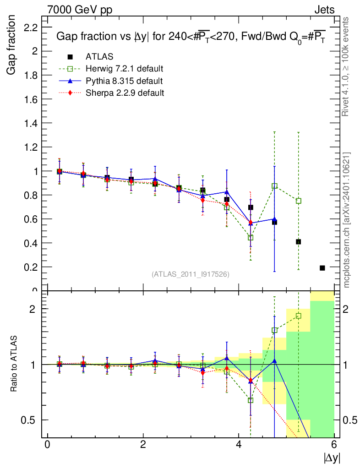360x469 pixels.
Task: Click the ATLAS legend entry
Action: coord(99,56)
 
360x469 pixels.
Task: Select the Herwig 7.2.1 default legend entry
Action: coord(124,69)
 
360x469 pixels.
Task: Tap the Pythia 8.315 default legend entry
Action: coord(124,81)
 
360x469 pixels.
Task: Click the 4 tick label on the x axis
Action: coord(239,445)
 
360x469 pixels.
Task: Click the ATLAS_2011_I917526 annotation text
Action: coord(191,274)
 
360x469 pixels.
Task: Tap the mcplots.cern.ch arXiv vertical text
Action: coord(347,220)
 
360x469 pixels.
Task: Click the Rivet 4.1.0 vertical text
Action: coord(346,67)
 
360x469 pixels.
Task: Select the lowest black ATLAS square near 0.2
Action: coord(322,268)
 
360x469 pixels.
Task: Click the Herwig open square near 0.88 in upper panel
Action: coord(274,186)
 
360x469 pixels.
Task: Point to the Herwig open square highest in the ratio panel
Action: coord(298,316)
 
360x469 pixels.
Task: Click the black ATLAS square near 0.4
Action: coord(298,241)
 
